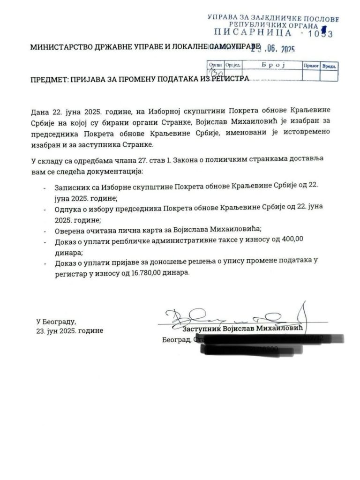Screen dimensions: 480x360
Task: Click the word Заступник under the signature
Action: coord(201,329)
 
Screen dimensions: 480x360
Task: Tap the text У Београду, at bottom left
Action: coord(56,322)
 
